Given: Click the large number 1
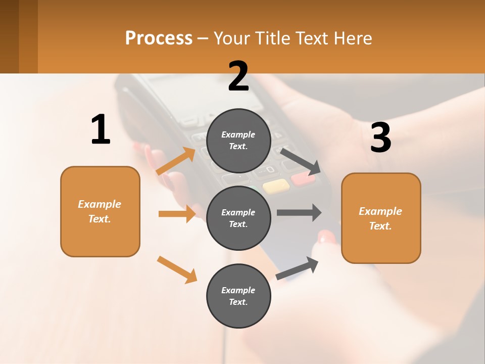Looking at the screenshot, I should coord(101,130).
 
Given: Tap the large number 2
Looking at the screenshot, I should coord(238,76).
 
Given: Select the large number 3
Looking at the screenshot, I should coord(380,138).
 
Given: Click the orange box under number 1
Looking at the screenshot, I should coord(100,211).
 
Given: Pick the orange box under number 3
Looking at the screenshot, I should coord(381,218).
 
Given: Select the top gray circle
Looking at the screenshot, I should coord(238,141).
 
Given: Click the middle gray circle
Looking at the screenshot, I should coord(238,218).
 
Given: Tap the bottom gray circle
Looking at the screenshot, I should coord(238,296).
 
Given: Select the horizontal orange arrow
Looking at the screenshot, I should coord(177,214).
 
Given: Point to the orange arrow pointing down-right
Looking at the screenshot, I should coord(177,269).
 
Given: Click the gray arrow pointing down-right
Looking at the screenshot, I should coord(301,161).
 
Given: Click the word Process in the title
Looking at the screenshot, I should coord(159,38).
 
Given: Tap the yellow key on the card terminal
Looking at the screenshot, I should coord(276,186).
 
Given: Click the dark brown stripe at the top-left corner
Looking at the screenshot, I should coord(9,36).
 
